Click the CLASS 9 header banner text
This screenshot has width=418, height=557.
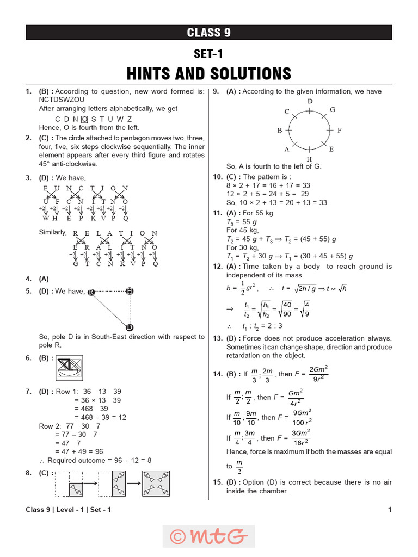(208, 33)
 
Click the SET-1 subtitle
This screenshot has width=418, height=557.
(208, 54)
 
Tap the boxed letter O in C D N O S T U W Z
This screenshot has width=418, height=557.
(84, 119)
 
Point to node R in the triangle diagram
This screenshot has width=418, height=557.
(91, 292)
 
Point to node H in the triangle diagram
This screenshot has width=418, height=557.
(130, 291)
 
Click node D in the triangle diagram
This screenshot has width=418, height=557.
(130, 327)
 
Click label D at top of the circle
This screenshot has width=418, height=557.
(310, 102)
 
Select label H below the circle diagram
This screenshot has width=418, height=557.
(309, 159)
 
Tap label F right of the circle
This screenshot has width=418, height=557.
(339, 131)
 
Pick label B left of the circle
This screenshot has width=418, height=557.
(279, 131)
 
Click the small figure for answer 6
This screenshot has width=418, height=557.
(70, 368)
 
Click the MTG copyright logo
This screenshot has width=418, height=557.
(208, 536)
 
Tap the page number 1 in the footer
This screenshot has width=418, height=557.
(390, 510)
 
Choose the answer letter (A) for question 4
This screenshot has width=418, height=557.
(44, 278)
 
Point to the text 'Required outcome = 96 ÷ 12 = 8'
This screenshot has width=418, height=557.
(99, 460)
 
